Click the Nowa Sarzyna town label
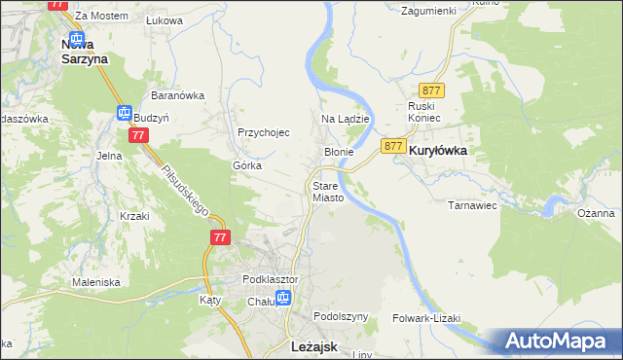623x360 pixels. [x=84, y=51]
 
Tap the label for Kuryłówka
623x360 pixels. [x=437, y=152]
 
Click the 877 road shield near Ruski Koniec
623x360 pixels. [x=434, y=90]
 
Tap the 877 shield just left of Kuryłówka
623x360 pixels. [x=393, y=145]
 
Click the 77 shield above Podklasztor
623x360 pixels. [x=219, y=237]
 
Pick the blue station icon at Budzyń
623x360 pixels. [x=125, y=114]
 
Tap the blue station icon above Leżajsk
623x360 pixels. [x=283, y=300]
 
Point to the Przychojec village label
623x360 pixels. [x=264, y=132]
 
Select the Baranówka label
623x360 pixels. [x=176, y=95]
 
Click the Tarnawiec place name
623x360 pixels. [x=472, y=205]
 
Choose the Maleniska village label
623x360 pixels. [x=95, y=282]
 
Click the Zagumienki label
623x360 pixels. [x=429, y=10]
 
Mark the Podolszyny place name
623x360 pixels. [x=341, y=317]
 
